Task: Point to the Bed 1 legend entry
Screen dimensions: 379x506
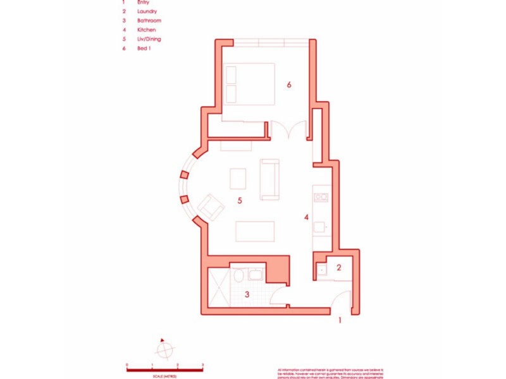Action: coord(145,48)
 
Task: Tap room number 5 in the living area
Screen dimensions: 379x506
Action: coord(240,201)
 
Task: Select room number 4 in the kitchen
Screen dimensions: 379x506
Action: coord(306,218)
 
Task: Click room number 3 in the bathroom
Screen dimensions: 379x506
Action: coord(247,294)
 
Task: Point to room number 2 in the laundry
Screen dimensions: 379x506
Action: coord(338,267)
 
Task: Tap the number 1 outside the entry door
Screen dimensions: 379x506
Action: coord(340,320)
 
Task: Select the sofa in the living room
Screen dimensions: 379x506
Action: coord(269,179)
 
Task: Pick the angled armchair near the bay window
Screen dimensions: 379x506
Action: coord(210,207)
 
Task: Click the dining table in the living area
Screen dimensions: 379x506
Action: coord(256,231)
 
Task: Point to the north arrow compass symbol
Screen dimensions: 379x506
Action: coord(164,348)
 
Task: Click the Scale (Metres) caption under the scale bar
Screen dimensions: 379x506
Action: coord(164,376)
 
